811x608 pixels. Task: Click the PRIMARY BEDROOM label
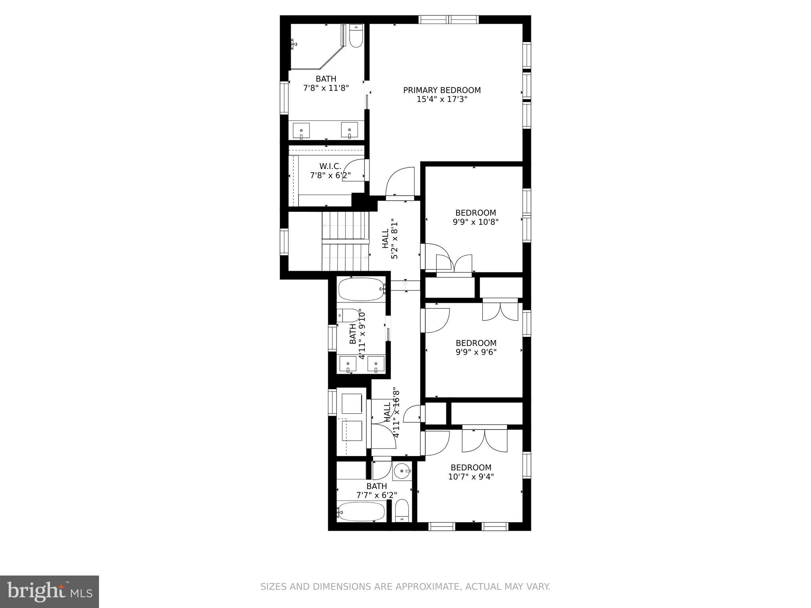coord(442,90)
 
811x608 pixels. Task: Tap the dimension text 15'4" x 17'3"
coord(442,99)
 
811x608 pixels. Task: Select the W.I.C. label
coord(330,166)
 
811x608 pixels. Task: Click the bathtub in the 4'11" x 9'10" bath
coord(361,289)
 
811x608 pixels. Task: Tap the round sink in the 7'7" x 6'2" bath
coord(402,471)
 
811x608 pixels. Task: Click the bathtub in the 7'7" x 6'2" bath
coord(361,512)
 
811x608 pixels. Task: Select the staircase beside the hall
coord(345,241)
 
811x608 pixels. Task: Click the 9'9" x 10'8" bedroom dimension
coord(475,222)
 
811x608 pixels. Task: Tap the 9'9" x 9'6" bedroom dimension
coord(476,352)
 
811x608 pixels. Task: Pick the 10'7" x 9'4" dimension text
coord(471,477)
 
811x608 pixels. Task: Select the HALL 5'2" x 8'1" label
coord(390,239)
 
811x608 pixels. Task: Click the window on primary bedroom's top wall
coord(449,19)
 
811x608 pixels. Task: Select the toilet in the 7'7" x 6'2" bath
coord(402,511)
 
